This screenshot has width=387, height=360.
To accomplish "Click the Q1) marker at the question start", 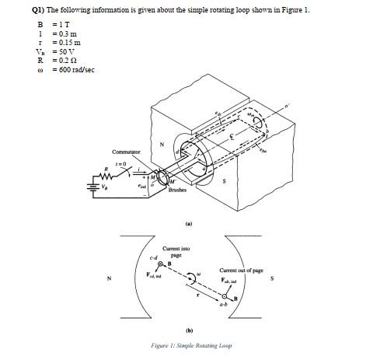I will [x=9, y=10].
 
